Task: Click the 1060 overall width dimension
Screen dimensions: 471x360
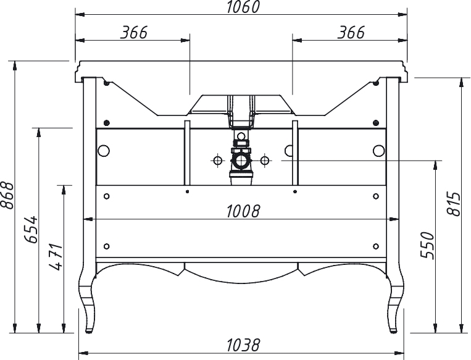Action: pos(243,7)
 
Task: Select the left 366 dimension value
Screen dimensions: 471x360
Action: pos(134,33)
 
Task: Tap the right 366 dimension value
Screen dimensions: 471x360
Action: pos(351,33)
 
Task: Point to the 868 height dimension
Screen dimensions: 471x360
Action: pos(7,195)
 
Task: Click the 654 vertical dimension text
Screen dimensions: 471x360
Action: pos(31,229)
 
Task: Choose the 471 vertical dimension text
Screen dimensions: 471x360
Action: pos(56,257)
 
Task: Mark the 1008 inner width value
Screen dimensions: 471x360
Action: pos(243,211)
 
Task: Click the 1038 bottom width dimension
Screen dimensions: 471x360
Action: pos(243,345)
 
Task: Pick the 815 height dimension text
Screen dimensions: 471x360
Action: pos(454,203)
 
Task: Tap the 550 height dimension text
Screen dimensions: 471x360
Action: pos(428,246)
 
